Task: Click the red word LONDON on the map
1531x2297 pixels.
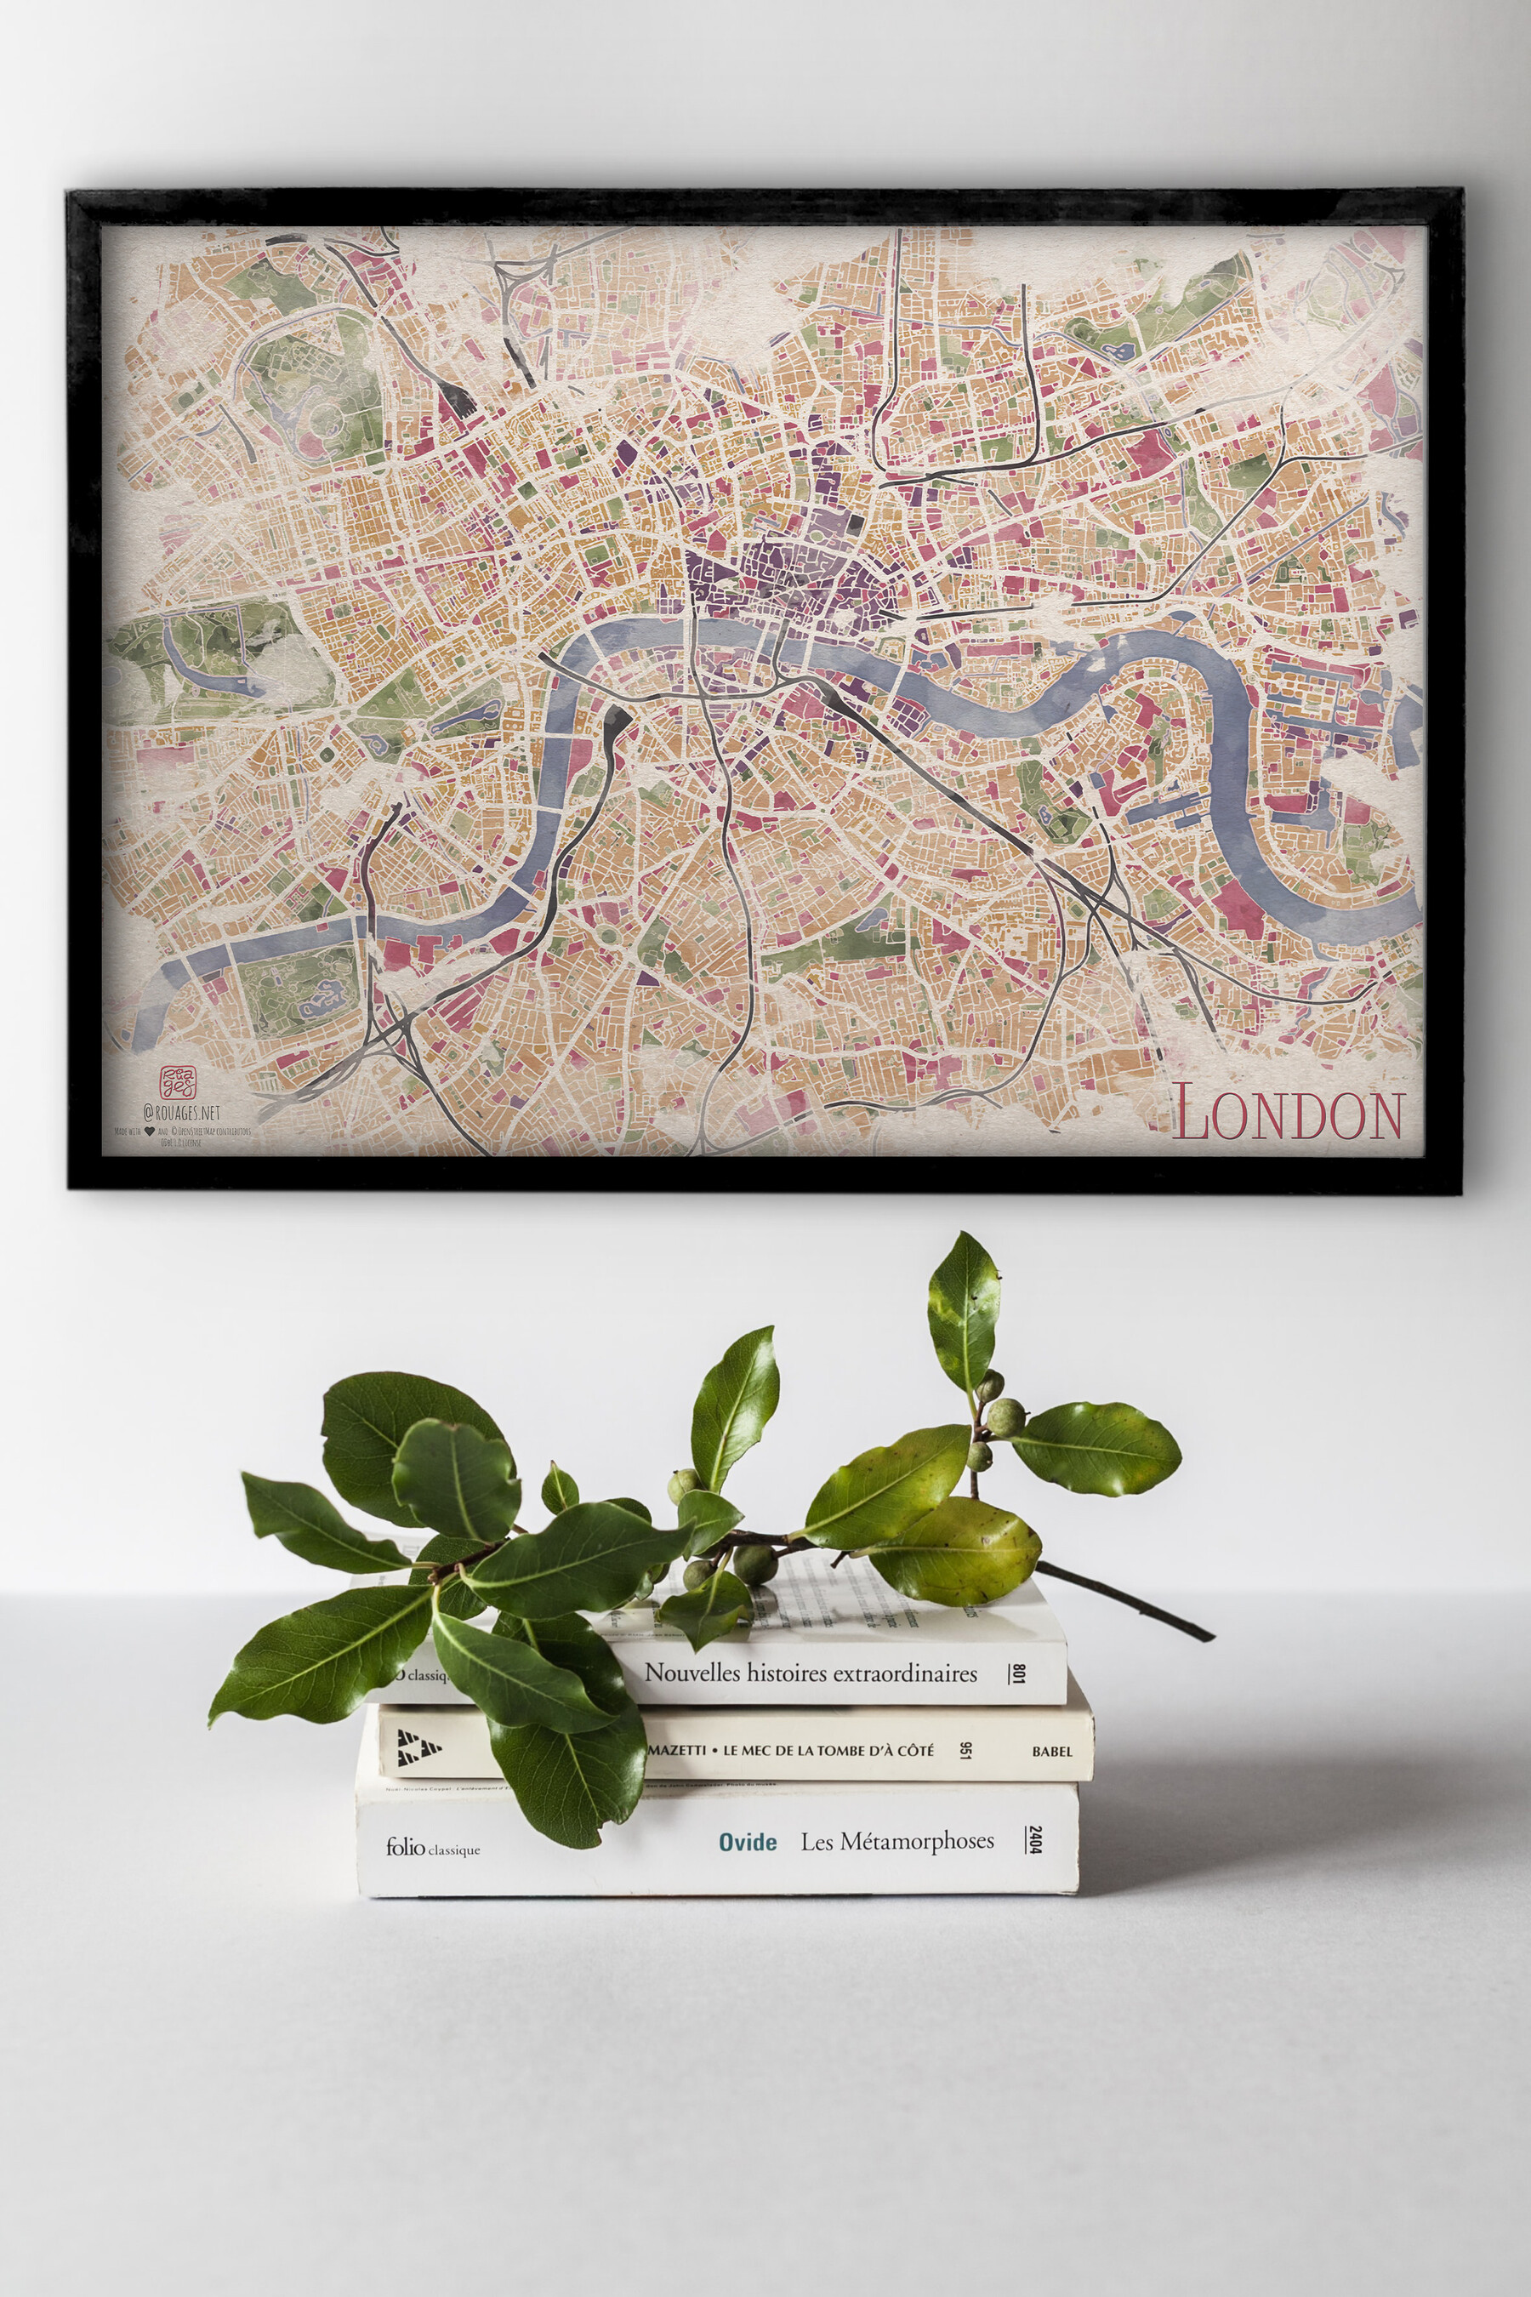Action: tap(1288, 1114)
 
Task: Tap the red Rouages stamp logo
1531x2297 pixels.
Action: tap(178, 1082)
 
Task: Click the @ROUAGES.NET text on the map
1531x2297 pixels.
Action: tap(182, 1113)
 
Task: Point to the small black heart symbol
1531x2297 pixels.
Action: tap(150, 1131)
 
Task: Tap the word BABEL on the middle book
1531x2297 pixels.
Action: tap(1051, 1751)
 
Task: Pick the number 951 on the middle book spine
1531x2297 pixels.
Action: tap(965, 1748)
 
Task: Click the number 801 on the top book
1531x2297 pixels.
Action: tap(1018, 1675)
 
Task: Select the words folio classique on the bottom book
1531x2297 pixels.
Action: tap(433, 1847)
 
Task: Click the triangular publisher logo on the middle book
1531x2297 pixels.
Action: tap(418, 1747)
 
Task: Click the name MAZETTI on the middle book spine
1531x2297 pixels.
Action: tap(677, 1750)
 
